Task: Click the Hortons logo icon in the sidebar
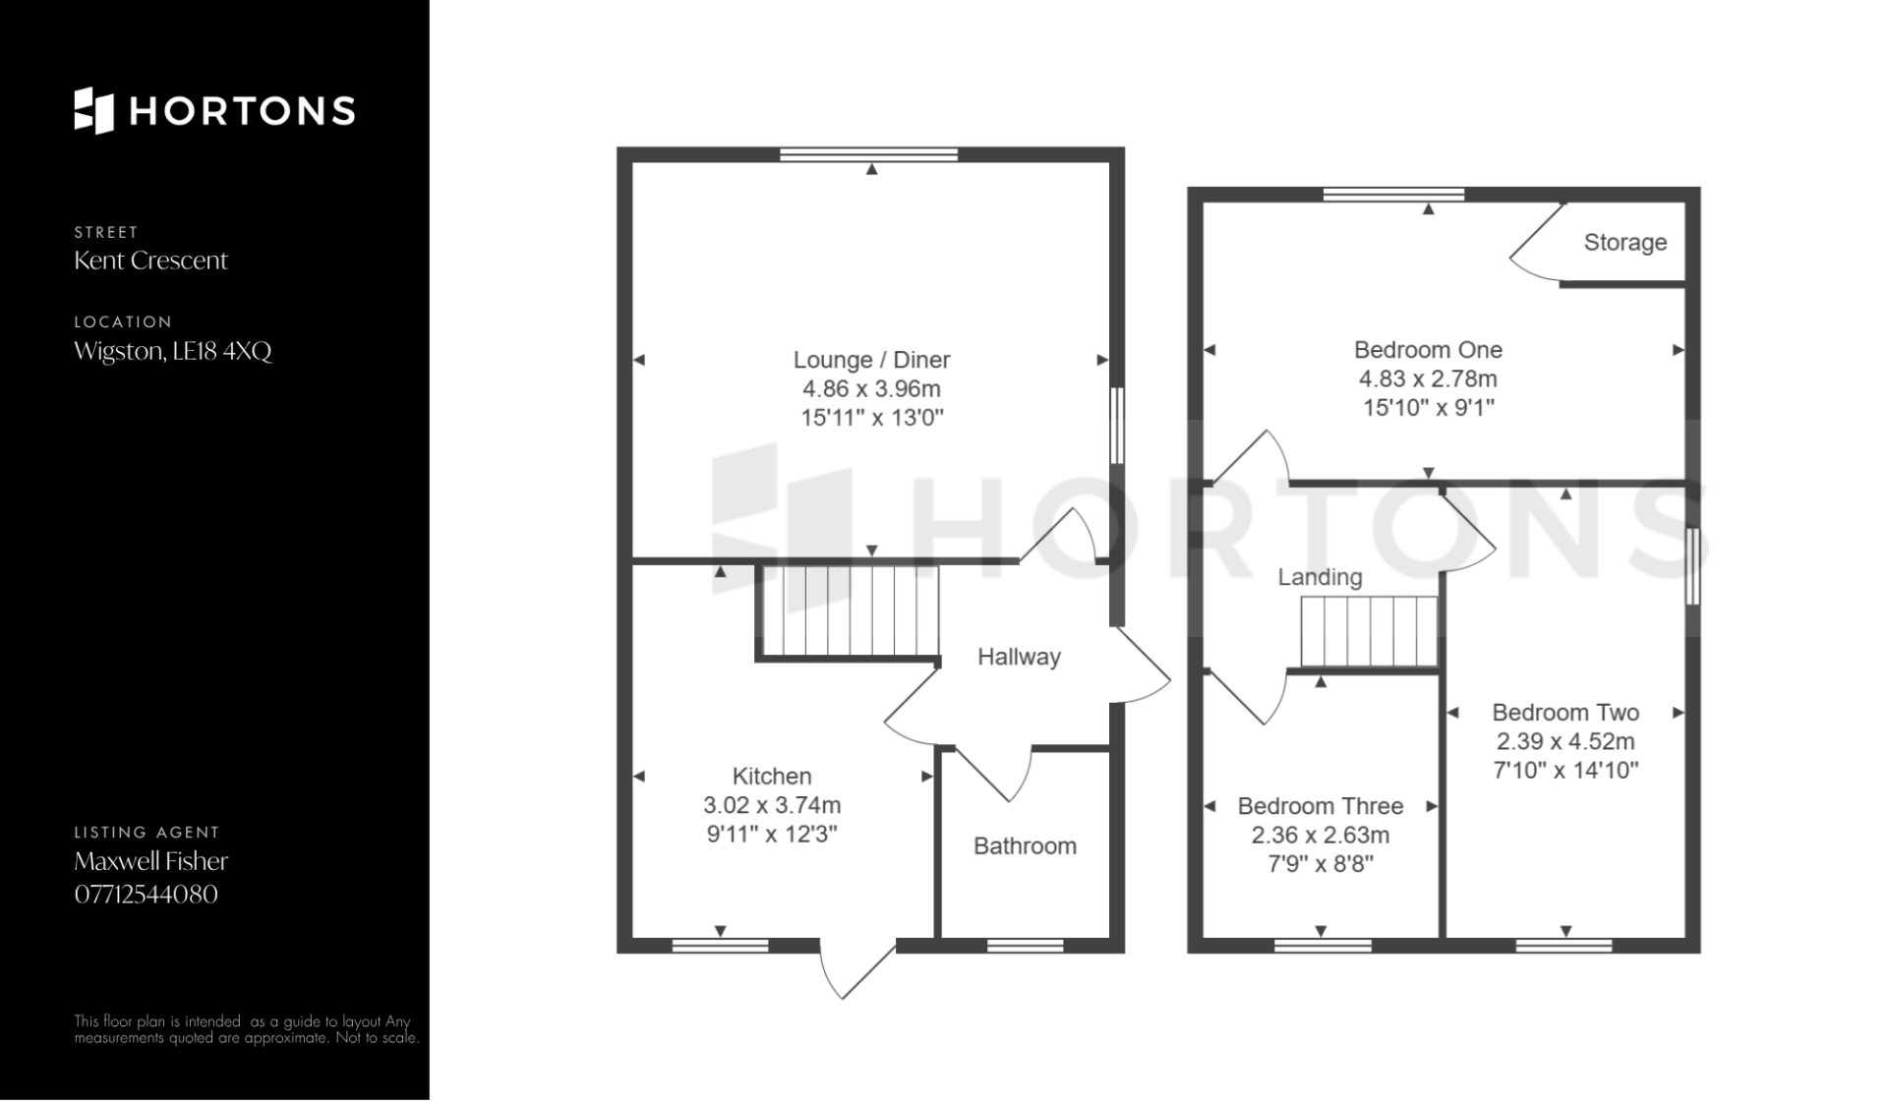pos(94,110)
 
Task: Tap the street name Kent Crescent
pos(150,261)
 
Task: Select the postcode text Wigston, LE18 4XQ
pos(173,351)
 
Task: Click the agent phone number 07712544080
pos(147,895)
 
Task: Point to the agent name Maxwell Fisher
pos(151,861)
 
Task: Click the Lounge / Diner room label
pos(872,360)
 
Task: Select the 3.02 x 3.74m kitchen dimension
pos(772,806)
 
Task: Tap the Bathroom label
pos(1025,846)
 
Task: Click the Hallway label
pos(1019,657)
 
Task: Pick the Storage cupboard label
pos(1625,243)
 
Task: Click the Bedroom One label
pos(1428,350)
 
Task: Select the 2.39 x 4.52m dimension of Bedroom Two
pos(1565,741)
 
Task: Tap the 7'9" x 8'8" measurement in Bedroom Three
pos(1320,864)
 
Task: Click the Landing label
pos(1320,577)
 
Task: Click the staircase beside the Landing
pos(1370,632)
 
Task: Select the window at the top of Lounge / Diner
pos(869,154)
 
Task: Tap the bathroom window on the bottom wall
pos(1025,946)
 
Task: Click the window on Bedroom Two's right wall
pos(1693,566)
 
